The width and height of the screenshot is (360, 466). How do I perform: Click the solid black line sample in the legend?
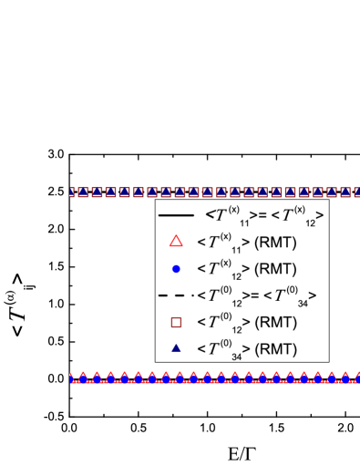click(x=176, y=215)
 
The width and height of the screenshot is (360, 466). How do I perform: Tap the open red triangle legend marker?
click(x=176, y=242)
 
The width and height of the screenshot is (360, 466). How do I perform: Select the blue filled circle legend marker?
click(x=176, y=268)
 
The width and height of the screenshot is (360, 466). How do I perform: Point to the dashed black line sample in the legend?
click(x=176, y=295)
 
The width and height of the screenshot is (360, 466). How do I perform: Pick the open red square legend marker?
click(x=176, y=321)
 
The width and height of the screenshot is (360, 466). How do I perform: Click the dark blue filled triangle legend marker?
click(x=176, y=347)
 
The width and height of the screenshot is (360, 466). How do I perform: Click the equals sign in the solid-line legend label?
click(x=261, y=215)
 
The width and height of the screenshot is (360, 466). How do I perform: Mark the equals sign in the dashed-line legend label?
click(x=261, y=295)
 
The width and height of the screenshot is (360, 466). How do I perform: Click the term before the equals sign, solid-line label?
click(x=230, y=216)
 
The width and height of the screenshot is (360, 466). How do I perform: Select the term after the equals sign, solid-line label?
click(x=292, y=216)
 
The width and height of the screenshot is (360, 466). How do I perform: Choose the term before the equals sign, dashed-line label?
click(x=230, y=295)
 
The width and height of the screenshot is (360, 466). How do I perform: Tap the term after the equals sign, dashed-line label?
click(x=292, y=295)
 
